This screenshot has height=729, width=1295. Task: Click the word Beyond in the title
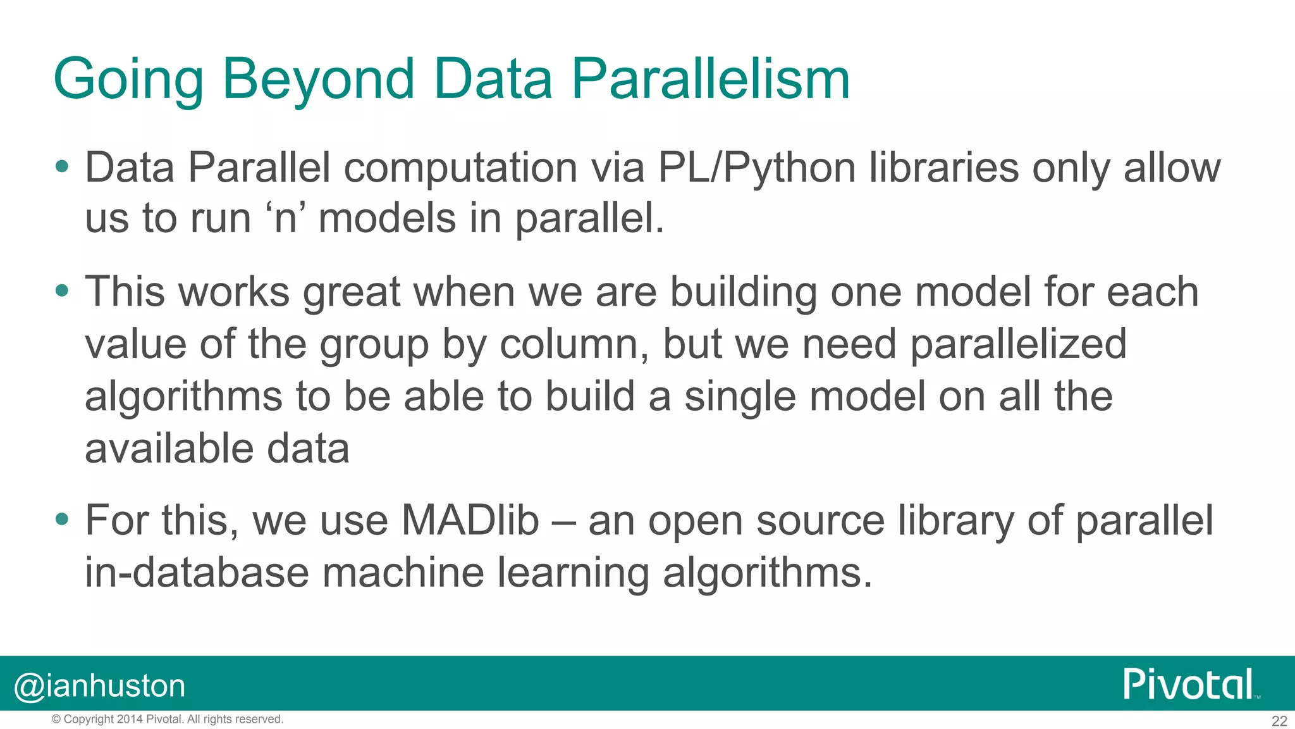(x=318, y=80)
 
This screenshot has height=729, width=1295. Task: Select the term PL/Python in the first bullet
(x=756, y=168)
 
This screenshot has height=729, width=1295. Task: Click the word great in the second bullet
(x=352, y=292)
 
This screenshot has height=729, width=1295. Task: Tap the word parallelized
(x=1018, y=345)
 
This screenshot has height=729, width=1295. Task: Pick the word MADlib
(x=470, y=521)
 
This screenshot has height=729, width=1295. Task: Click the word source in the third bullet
(x=820, y=521)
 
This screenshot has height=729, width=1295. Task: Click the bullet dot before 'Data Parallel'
(x=61, y=167)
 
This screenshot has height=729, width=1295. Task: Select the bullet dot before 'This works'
(x=61, y=291)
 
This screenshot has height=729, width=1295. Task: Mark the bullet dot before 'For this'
(x=61, y=520)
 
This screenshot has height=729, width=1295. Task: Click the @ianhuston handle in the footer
(x=99, y=686)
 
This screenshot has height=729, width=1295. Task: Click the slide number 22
(x=1279, y=721)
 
